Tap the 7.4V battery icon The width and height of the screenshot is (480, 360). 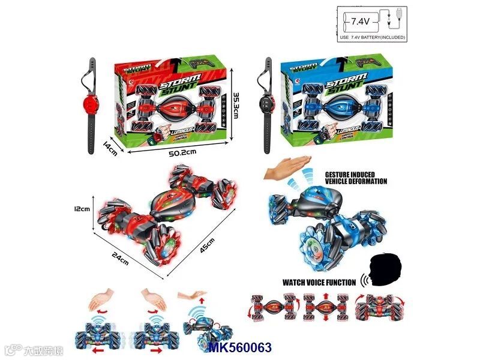coord(360,22)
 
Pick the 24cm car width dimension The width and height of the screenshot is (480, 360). coord(119,259)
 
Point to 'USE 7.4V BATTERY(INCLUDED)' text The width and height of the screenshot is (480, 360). coord(373,37)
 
